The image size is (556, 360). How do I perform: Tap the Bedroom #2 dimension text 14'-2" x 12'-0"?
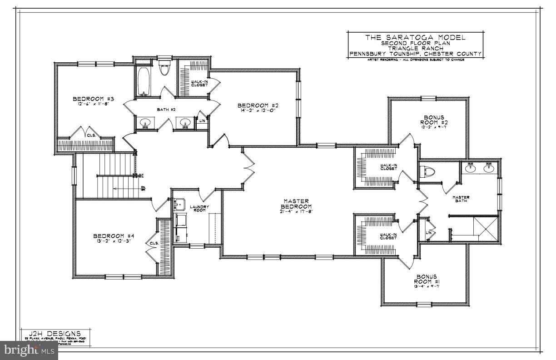click(x=258, y=111)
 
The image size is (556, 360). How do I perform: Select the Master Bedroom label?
click(x=296, y=204)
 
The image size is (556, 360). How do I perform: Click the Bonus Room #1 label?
click(x=426, y=279)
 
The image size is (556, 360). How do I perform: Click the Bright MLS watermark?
click(x=28, y=350)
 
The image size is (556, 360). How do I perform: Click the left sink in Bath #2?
click(x=146, y=123)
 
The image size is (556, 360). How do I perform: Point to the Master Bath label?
click(x=461, y=199)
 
